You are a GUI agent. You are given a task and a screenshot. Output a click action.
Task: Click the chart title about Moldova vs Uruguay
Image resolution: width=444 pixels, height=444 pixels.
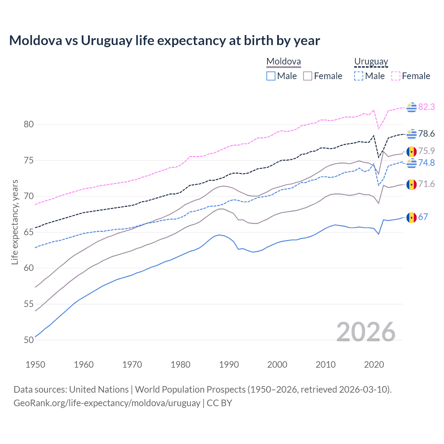pyautogui.click(x=164, y=41)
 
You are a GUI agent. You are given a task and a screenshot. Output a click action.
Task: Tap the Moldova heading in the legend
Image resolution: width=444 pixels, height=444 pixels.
pyautogui.click(x=283, y=62)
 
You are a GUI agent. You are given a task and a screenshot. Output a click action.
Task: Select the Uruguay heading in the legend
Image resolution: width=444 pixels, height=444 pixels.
pyautogui.click(x=371, y=62)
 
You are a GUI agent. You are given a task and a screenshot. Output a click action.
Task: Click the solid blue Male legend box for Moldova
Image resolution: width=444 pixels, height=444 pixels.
pyautogui.click(x=271, y=76)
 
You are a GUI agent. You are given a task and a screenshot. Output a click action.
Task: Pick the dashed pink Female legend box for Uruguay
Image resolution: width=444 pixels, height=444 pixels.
pyautogui.click(x=396, y=76)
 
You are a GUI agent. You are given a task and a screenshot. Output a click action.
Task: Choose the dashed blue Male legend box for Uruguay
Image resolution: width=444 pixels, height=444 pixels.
pyautogui.click(x=359, y=76)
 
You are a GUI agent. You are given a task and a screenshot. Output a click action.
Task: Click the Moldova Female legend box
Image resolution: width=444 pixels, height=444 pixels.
pyautogui.click(x=308, y=76)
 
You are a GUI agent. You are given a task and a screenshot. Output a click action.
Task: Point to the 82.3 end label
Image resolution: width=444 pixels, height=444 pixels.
pyautogui.click(x=426, y=107)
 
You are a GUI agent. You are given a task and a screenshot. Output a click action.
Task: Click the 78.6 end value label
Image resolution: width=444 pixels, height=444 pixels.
pyautogui.click(x=426, y=134)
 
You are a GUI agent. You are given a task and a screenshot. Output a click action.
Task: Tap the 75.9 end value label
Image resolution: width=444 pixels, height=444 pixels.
pyautogui.click(x=426, y=151)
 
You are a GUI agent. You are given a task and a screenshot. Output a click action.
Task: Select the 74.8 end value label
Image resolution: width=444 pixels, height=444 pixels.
pyautogui.click(x=426, y=163)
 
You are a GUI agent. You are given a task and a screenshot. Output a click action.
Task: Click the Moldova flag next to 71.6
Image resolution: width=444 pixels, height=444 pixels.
pyautogui.click(x=411, y=185)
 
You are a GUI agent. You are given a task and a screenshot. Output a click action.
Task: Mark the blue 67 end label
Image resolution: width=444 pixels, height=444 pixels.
pyautogui.click(x=423, y=217)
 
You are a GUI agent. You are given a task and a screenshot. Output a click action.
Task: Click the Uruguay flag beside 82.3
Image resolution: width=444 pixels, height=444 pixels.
pyautogui.click(x=411, y=107)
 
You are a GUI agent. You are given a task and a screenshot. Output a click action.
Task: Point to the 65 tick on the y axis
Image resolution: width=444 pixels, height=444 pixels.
pyautogui.click(x=29, y=232)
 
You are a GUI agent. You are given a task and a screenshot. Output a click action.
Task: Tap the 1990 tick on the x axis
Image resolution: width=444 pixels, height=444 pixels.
pyautogui.click(x=229, y=365)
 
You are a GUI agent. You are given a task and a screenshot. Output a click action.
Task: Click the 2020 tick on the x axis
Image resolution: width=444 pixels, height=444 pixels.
pyautogui.click(x=374, y=365)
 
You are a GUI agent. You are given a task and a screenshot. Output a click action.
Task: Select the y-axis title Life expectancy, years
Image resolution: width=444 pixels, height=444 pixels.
pyautogui.click(x=15, y=222)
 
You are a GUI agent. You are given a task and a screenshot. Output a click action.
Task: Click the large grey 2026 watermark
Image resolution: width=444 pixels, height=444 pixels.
pyautogui.click(x=366, y=332)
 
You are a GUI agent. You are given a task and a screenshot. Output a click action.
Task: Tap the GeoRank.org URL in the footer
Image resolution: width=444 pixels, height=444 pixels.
pyautogui.click(x=107, y=403)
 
